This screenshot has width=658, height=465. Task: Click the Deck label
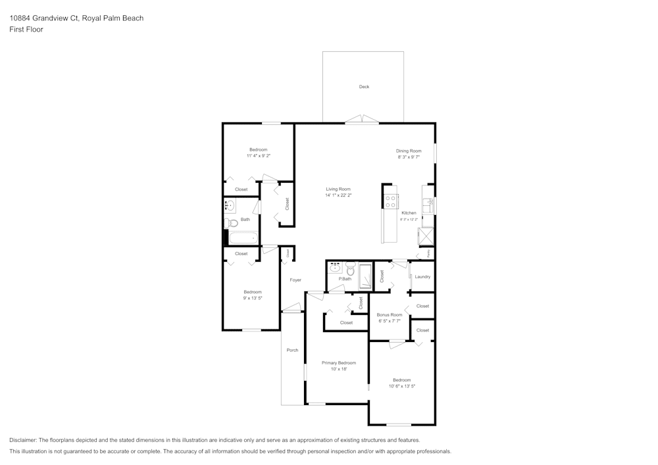pyautogui.click(x=364, y=87)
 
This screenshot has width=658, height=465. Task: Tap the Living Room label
pyautogui.click(x=338, y=189)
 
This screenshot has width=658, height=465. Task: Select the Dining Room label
pyautogui.click(x=408, y=151)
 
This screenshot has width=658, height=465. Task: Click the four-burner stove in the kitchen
pyautogui.click(x=391, y=201)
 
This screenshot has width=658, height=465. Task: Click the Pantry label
pyautogui.click(x=428, y=253)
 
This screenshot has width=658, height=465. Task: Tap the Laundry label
pyautogui.click(x=422, y=277)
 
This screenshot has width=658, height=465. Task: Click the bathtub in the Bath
pyautogui.click(x=243, y=239)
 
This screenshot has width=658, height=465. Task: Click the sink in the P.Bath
pyautogui.click(x=336, y=268)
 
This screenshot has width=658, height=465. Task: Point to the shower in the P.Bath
pyautogui.click(x=365, y=276)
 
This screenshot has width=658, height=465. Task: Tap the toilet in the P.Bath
pyautogui.click(x=350, y=270)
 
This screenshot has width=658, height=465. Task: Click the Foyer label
pyautogui.click(x=295, y=280)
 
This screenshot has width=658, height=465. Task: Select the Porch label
pyautogui.click(x=292, y=350)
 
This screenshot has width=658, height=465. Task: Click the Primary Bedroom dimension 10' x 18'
pyautogui.click(x=338, y=369)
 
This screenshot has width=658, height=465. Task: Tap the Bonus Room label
pyautogui.click(x=389, y=315)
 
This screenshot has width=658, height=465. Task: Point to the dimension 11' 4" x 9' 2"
pyautogui.click(x=258, y=156)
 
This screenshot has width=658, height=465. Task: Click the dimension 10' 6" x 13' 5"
pyautogui.click(x=401, y=386)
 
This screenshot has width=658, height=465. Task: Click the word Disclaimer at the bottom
pyautogui.click(x=23, y=440)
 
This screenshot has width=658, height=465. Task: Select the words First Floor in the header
pyautogui.click(x=26, y=30)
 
